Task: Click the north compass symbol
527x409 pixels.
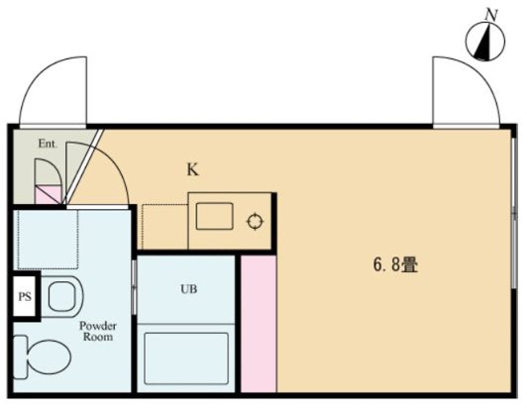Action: [x=485, y=42]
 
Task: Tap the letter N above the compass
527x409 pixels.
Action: [x=489, y=14]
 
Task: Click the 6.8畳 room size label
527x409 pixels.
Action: [x=394, y=265]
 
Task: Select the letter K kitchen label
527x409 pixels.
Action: [x=194, y=169]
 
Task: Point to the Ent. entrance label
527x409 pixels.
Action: [x=48, y=144]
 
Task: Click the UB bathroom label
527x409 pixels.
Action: [x=188, y=290]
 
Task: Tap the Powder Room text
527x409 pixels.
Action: [x=98, y=331]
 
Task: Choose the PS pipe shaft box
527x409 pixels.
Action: [x=24, y=296]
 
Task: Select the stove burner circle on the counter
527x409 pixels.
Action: [x=255, y=221]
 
